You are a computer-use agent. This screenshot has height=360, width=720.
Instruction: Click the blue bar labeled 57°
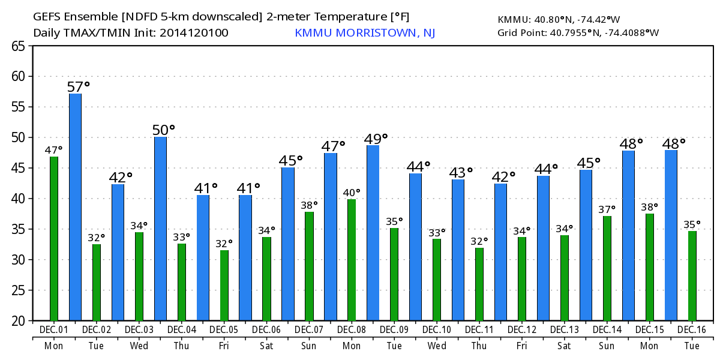(75, 207)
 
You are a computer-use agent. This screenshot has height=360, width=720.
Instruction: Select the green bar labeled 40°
(352, 260)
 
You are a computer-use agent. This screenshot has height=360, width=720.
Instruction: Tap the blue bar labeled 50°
(160, 229)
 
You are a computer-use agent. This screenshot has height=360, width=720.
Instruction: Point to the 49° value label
(376, 139)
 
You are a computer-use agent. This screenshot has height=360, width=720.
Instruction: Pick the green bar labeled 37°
(607, 268)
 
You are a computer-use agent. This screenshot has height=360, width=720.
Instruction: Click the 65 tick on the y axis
(18, 46)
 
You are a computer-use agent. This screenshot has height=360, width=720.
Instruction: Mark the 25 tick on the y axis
(18, 290)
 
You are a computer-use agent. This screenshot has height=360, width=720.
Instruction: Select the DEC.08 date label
(352, 330)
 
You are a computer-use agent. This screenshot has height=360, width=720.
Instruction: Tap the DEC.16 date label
(691, 330)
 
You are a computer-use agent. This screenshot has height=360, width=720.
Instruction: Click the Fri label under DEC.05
(224, 346)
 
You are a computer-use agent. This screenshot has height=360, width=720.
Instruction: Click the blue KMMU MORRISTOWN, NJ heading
(365, 33)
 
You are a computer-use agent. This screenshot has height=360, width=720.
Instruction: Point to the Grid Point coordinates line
(578, 33)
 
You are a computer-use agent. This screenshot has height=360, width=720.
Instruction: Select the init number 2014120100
(194, 33)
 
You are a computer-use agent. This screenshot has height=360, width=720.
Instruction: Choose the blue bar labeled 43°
(458, 250)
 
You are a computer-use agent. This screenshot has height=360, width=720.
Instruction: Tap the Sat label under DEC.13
(564, 346)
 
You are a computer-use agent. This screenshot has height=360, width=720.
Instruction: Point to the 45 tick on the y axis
(18, 168)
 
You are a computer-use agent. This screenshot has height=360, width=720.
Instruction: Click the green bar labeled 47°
(54, 239)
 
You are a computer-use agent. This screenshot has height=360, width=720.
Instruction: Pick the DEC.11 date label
(479, 330)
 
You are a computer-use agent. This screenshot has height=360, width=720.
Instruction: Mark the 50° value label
(163, 130)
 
